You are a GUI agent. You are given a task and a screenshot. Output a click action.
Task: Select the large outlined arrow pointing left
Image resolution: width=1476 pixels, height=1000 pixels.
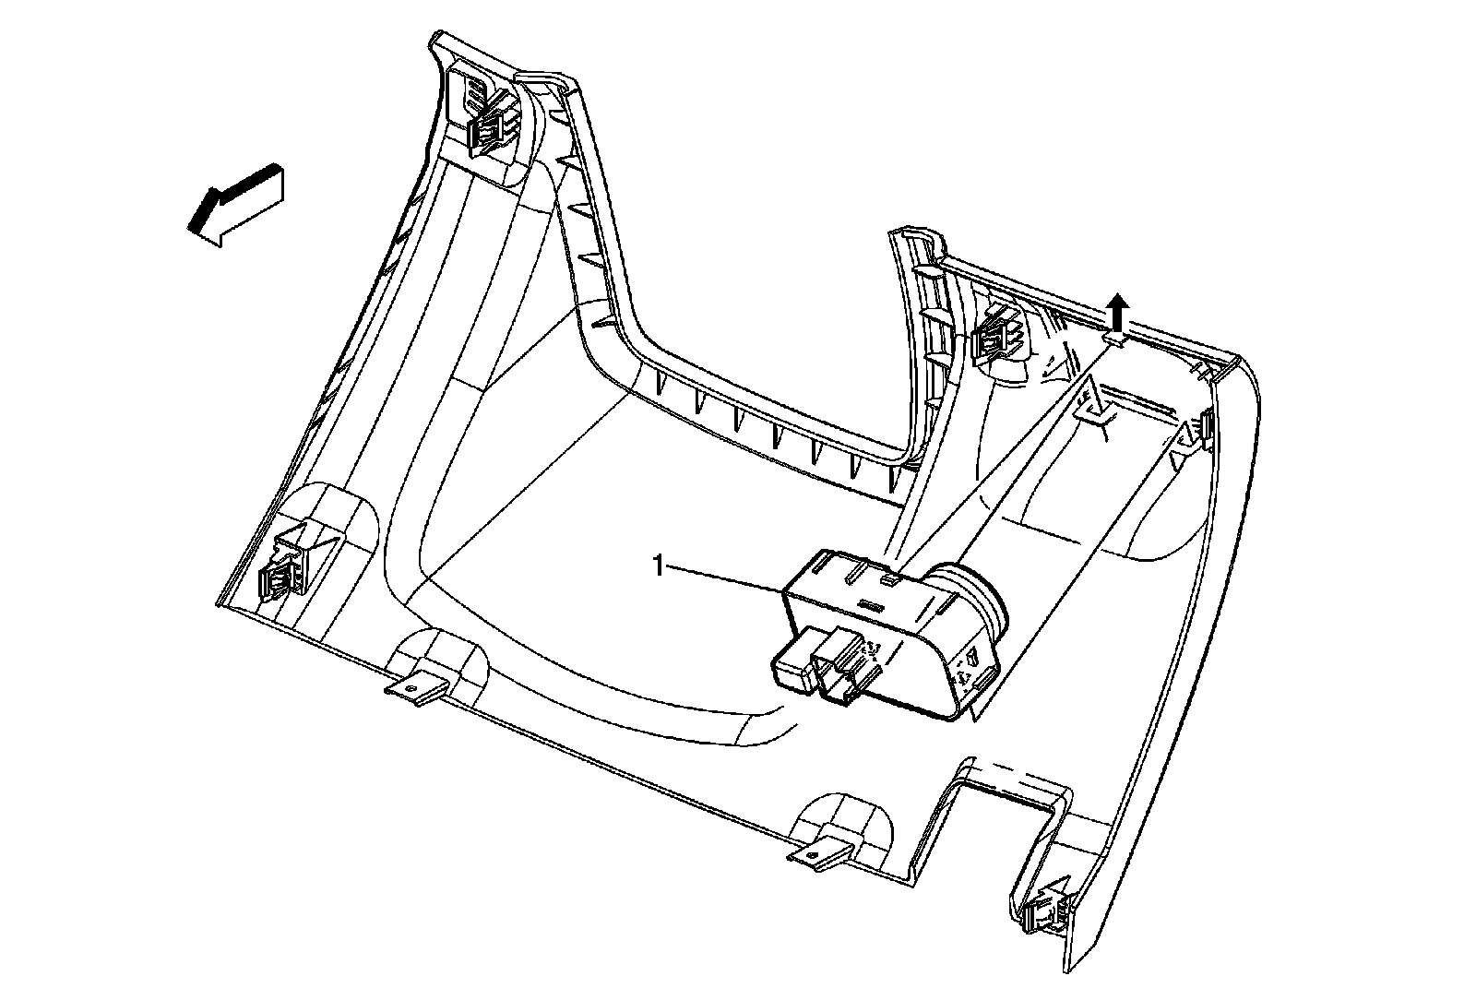(x=236, y=205)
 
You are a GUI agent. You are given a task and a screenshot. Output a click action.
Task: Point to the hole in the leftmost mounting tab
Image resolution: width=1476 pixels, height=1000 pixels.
(x=411, y=686)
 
